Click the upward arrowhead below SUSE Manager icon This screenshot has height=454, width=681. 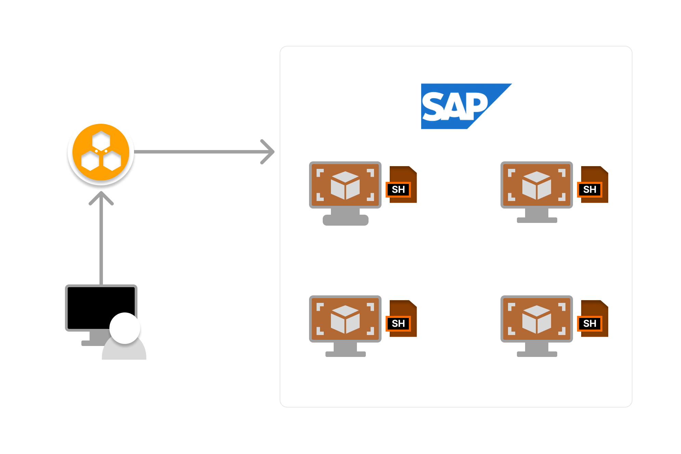click(x=101, y=198)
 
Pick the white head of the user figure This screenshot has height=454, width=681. click(x=124, y=328)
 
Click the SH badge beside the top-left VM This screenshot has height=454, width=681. click(x=399, y=189)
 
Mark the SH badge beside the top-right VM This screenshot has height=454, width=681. click(x=590, y=189)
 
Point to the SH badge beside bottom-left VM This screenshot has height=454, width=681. click(x=399, y=323)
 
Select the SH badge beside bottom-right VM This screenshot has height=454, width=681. click(x=590, y=323)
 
